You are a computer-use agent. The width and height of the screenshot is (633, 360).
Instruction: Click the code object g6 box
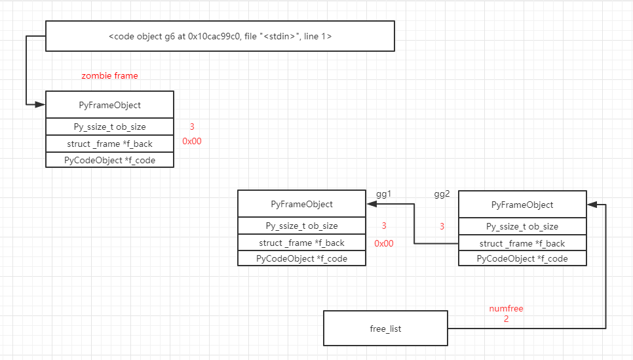(220, 36)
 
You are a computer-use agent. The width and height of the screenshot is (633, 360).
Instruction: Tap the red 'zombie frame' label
(109, 75)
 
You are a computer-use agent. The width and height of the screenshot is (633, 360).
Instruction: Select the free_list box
(385, 329)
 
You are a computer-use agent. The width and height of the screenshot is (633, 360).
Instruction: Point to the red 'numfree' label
(506, 308)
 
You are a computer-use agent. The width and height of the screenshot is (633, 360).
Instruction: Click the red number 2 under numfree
(506, 319)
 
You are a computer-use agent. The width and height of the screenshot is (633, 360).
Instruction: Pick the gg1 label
(383, 194)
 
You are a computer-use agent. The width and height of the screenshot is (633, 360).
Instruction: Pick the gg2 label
(442, 194)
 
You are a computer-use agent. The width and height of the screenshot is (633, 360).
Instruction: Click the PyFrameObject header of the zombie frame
(109, 105)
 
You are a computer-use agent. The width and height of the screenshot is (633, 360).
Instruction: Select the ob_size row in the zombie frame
(109, 127)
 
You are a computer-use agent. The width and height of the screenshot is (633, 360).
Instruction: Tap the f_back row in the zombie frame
(109, 144)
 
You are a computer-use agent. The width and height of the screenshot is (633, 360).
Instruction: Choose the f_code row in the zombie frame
(109, 160)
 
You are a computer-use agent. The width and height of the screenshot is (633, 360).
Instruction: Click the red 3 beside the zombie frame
(192, 127)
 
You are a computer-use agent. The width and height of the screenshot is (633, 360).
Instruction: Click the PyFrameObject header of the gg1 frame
(301, 204)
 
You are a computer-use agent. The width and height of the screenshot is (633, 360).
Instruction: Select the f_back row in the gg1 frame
(301, 243)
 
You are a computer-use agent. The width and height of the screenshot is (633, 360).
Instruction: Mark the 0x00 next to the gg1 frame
(384, 243)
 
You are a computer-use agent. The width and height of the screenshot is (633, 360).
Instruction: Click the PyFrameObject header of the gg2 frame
(522, 205)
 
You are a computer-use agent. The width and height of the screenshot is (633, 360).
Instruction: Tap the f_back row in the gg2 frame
(522, 243)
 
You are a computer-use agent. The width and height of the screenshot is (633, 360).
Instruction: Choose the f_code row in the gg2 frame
(522, 258)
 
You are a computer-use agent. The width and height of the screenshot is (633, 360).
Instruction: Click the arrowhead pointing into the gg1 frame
(370, 204)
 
